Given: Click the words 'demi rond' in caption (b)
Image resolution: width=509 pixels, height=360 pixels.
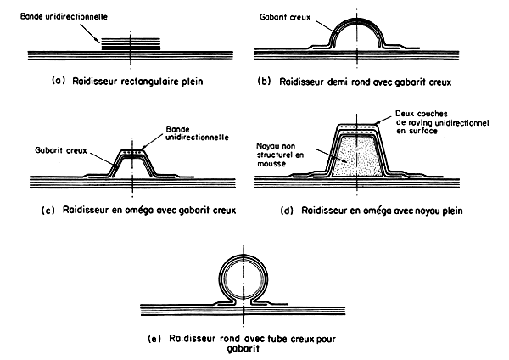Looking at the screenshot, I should click(x=351, y=83).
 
